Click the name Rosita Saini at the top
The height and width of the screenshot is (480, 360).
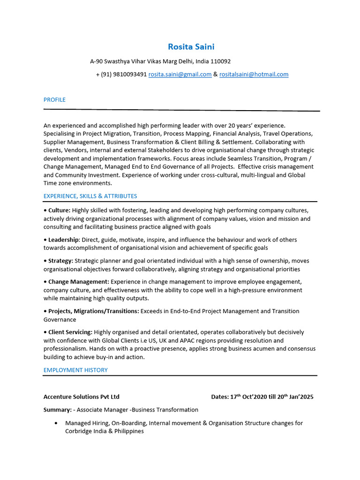[x=191, y=46]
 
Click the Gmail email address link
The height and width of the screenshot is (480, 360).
[x=180, y=74]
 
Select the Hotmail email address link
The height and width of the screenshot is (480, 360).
[x=254, y=74]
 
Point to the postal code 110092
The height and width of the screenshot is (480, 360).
[x=220, y=61]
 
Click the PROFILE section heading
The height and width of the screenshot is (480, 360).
[x=54, y=100]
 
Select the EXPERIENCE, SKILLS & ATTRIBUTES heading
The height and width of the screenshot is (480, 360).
[x=90, y=196]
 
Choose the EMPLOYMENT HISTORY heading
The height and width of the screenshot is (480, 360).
[x=75, y=370]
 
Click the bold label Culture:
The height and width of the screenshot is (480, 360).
[x=59, y=210]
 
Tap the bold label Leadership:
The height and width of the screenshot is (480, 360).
[x=64, y=240]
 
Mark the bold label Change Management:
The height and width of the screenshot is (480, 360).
[x=78, y=282]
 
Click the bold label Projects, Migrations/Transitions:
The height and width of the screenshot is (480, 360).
[x=93, y=311]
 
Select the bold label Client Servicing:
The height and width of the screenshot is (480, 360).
[x=70, y=332]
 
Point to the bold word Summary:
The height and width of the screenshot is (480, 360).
[x=57, y=410]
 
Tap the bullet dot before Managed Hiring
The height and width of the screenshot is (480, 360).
[x=56, y=423]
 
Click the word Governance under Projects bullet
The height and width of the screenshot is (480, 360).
[x=60, y=320]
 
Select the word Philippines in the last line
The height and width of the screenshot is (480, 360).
[x=128, y=431]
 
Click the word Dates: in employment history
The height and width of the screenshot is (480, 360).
[x=220, y=397]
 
